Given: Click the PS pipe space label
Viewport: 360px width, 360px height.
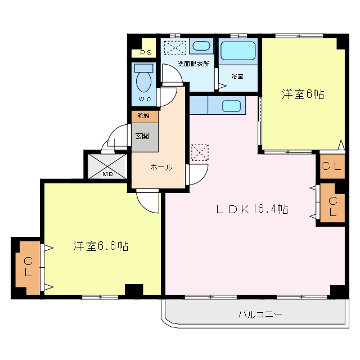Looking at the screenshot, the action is pyautogui.click(x=146, y=52).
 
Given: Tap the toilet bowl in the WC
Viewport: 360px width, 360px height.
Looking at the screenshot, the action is pyautogui.click(x=144, y=82).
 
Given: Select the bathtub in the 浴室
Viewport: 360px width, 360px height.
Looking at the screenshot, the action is pyautogui.click(x=238, y=51).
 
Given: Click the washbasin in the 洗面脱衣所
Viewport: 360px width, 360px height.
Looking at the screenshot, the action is pyautogui.click(x=201, y=46).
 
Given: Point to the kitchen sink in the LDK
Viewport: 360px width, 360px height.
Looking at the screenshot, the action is pyautogui.click(x=231, y=106).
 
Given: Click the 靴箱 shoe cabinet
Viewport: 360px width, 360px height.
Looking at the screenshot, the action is pyautogui.click(x=145, y=116).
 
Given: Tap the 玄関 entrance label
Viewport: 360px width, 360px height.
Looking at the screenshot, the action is pyautogui.click(x=142, y=136).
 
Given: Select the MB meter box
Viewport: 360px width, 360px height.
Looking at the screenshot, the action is pyautogui.click(x=107, y=166).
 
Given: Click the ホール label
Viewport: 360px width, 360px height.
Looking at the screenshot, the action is pyautogui.click(x=161, y=168).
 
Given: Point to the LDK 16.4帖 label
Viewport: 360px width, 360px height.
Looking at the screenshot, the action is pyautogui.click(x=252, y=209).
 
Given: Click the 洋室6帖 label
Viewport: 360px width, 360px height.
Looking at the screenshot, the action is pyautogui.click(x=303, y=94).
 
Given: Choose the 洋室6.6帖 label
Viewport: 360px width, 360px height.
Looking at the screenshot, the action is pyautogui.click(x=101, y=246).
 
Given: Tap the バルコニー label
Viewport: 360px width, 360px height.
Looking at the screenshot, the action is pyautogui.click(x=260, y=314).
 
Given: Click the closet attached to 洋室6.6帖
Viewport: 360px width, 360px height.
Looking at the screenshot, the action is pyautogui.click(x=28, y=268).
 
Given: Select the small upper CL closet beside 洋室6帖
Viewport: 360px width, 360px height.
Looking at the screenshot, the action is pyautogui.click(x=332, y=166).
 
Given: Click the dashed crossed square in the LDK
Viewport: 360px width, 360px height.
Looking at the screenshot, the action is pyautogui.click(x=200, y=152).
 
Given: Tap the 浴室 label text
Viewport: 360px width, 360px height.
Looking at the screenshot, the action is pyautogui.click(x=237, y=76).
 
